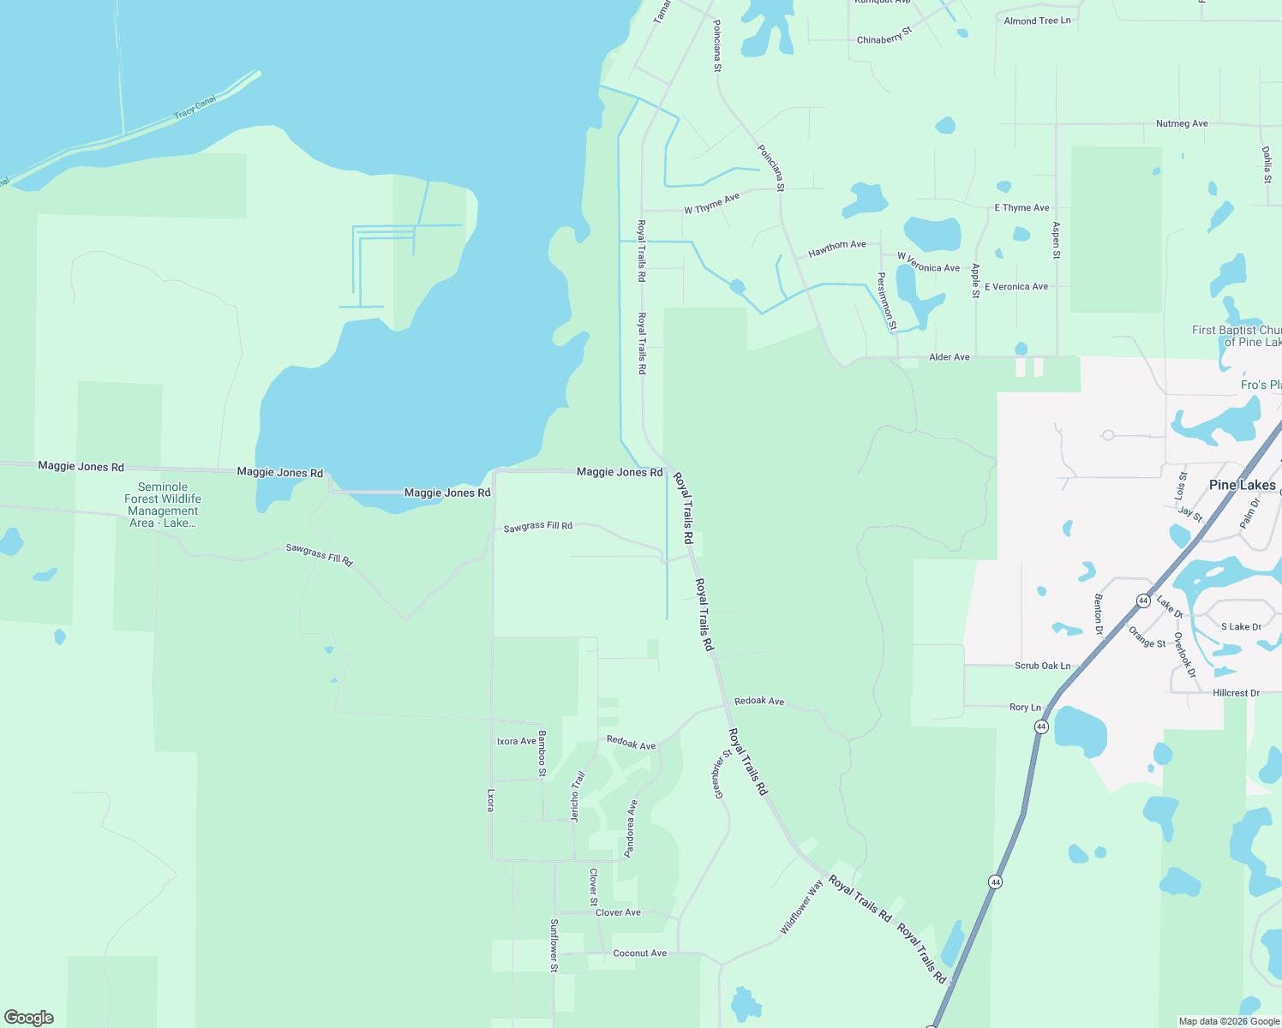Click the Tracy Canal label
coord(195,108)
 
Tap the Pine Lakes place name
coord(1242,485)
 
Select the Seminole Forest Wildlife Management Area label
coord(163,505)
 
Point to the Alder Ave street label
coord(950,357)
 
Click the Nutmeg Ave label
coord(1182,123)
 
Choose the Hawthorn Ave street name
coord(837,248)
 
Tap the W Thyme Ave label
coord(711,204)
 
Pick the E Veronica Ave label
coord(1015,287)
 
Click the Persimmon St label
coord(886,301)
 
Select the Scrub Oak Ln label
coord(1042,666)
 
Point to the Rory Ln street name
coord(1025,707)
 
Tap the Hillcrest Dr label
coord(1236,693)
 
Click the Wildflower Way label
coord(801,907)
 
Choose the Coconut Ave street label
coord(639,953)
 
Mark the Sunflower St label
coord(554,945)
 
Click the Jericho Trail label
coord(578,797)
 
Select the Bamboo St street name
coord(542,754)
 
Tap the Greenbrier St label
coord(722,774)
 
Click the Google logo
coord(29,1018)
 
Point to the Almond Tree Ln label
coord(1037,21)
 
